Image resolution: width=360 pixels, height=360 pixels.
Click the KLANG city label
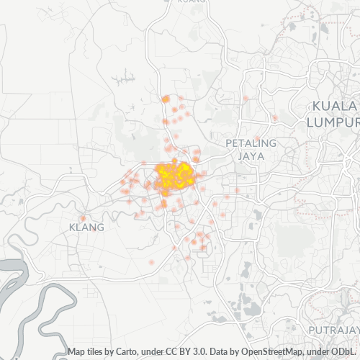(86, 227)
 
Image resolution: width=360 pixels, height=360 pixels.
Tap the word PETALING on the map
(251, 143)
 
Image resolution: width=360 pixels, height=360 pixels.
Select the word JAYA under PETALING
(251, 155)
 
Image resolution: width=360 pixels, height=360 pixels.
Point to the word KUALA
(333, 107)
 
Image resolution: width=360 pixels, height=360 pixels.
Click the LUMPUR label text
(333, 122)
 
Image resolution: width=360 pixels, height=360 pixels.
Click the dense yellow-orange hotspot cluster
(175, 175)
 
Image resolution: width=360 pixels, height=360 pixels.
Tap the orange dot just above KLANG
(83, 217)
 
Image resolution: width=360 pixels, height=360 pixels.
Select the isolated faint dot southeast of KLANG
(151, 262)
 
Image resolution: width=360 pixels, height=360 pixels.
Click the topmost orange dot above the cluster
(166, 99)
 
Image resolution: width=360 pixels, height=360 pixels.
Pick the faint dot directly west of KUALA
(274, 117)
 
